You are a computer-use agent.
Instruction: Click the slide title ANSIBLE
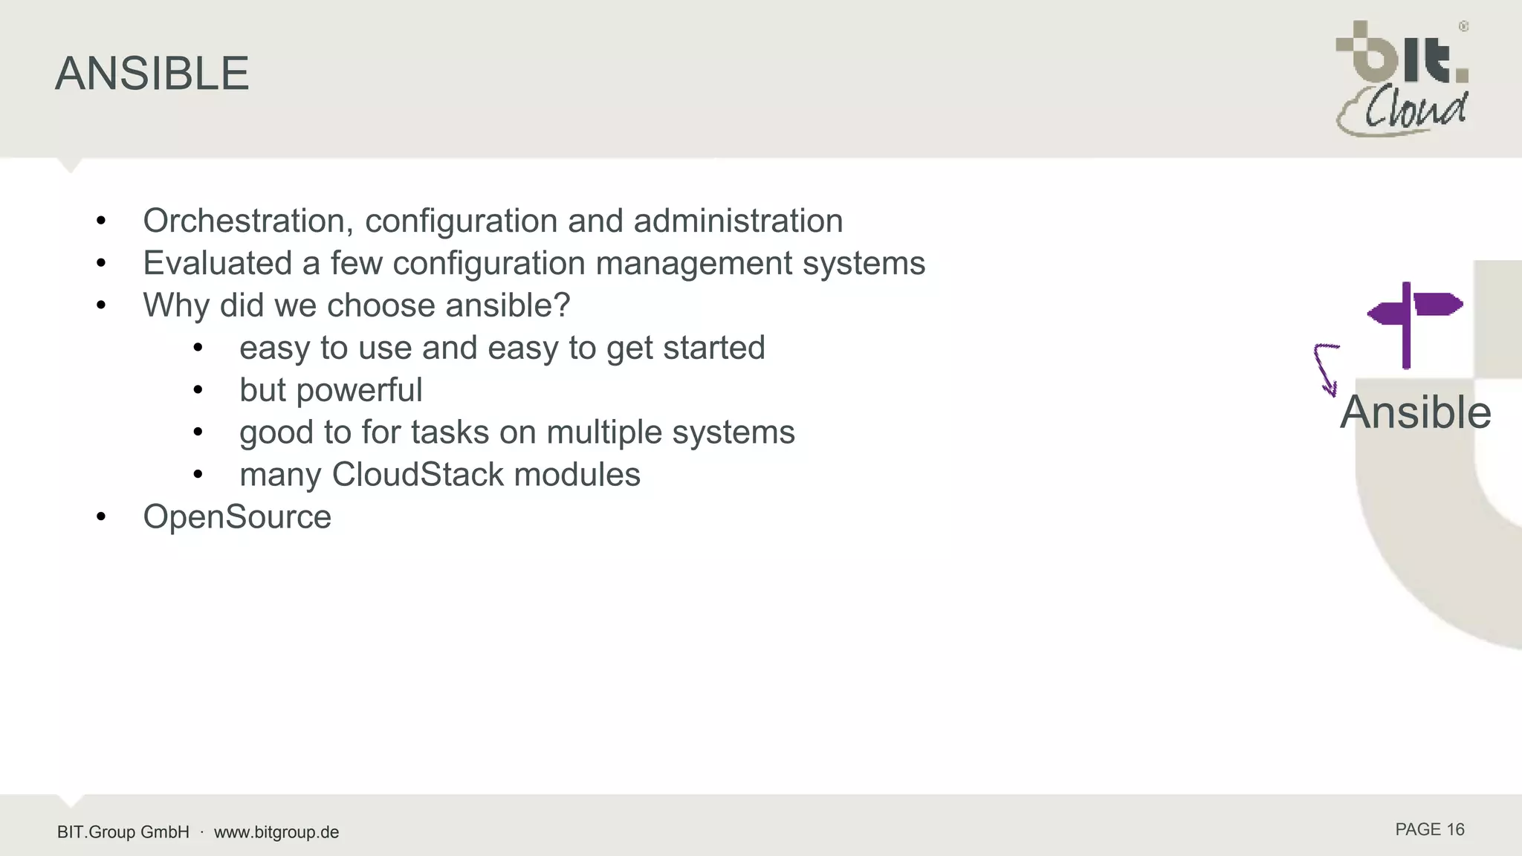(152, 74)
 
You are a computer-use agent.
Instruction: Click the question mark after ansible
(562, 305)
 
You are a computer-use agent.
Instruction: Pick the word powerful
(360, 390)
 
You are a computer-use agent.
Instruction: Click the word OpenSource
(237, 517)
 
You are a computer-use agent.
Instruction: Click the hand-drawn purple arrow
(1325, 369)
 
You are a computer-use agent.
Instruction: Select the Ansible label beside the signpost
(1415, 412)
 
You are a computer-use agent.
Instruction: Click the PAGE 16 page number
(1429, 830)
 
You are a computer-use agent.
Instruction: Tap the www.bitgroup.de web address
(276, 832)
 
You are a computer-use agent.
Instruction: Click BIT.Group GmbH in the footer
(123, 832)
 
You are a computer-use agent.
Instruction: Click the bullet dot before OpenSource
(102, 517)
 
